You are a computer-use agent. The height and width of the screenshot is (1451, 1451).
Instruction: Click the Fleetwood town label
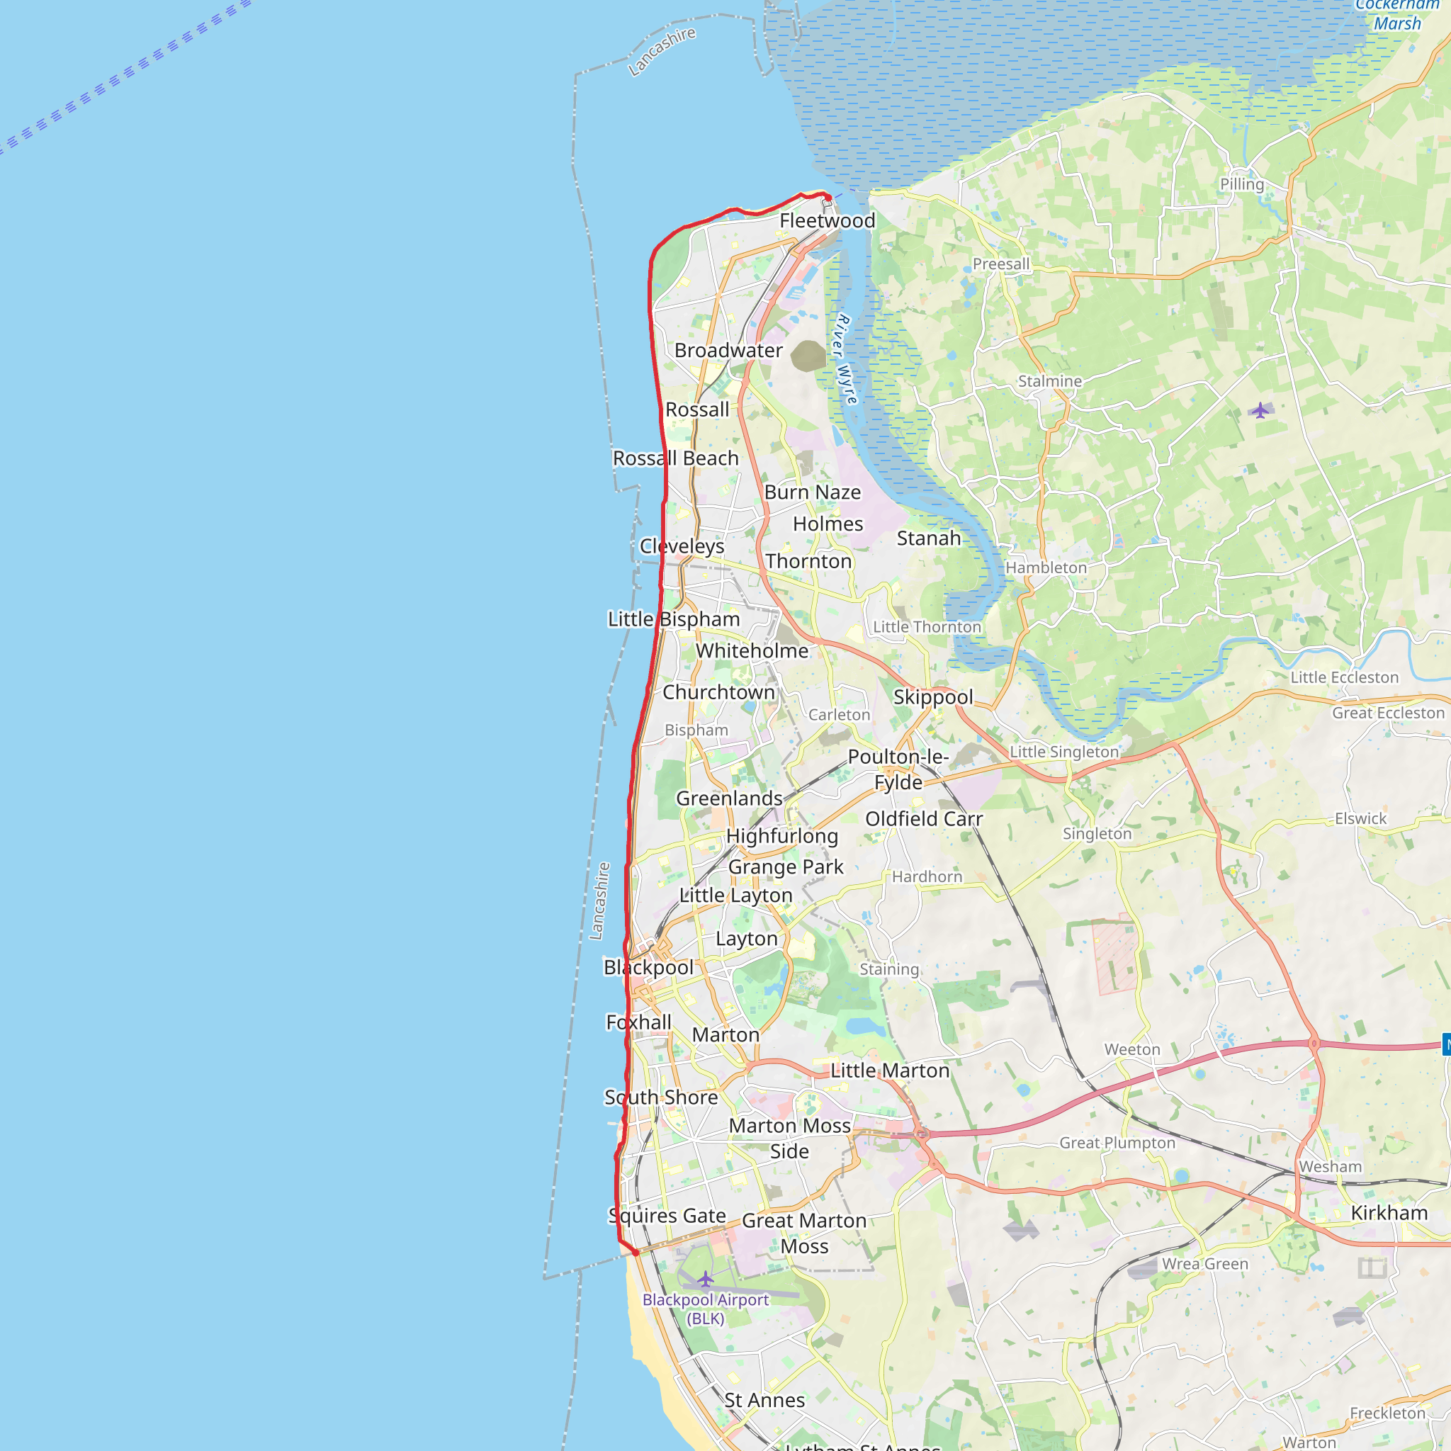(x=827, y=221)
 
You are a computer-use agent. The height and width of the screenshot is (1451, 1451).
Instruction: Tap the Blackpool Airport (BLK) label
(x=705, y=1309)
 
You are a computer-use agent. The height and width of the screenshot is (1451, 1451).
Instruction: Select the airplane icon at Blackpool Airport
(x=705, y=1278)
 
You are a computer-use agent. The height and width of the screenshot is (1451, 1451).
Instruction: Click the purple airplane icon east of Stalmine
(x=1260, y=410)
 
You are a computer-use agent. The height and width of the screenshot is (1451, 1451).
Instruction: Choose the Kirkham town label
(x=1389, y=1212)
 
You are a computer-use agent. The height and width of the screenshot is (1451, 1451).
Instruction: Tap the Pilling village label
(x=1241, y=184)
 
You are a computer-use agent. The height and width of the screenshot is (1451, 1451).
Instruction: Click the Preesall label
(x=1001, y=264)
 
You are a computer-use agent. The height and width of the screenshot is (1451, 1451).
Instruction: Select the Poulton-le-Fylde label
(x=898, y=769)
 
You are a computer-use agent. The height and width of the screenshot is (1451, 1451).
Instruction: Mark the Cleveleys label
(x=682, y=546)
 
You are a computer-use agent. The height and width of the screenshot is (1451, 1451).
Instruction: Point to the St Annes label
(x=764, y=1400)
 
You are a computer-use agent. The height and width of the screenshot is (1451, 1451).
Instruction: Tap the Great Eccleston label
(x=1388, y=713)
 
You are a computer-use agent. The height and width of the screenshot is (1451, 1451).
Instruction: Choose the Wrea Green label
(x=1204, y=1264)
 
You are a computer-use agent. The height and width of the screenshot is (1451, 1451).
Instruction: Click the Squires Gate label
(x=667, y=1215)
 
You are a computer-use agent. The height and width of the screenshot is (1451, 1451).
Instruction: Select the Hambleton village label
(x=1046, y=568)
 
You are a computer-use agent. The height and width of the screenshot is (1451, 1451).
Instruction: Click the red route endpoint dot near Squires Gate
(x=636, y=1253)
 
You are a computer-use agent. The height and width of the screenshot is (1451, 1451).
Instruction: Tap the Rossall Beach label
(x=675, y=458)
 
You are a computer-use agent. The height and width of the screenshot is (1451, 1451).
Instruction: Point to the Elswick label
(x=1360, y=818)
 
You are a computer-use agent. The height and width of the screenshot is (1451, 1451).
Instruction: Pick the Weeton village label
(x=1131, y=1049)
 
